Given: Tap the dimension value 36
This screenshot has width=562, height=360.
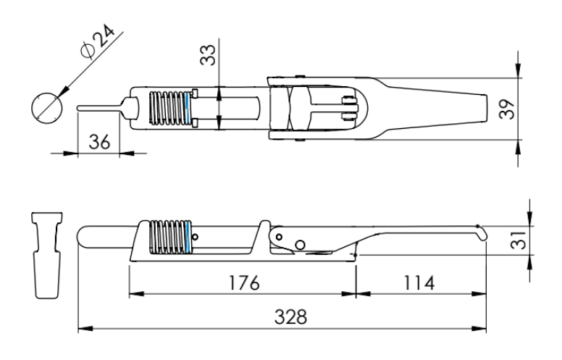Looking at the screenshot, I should coord(98,141).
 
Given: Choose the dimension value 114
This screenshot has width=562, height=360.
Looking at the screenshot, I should coord(419,282).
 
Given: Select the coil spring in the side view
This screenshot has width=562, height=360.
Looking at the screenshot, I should coord(168,237).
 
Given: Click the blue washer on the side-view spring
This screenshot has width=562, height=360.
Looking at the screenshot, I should coord(188,237).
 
